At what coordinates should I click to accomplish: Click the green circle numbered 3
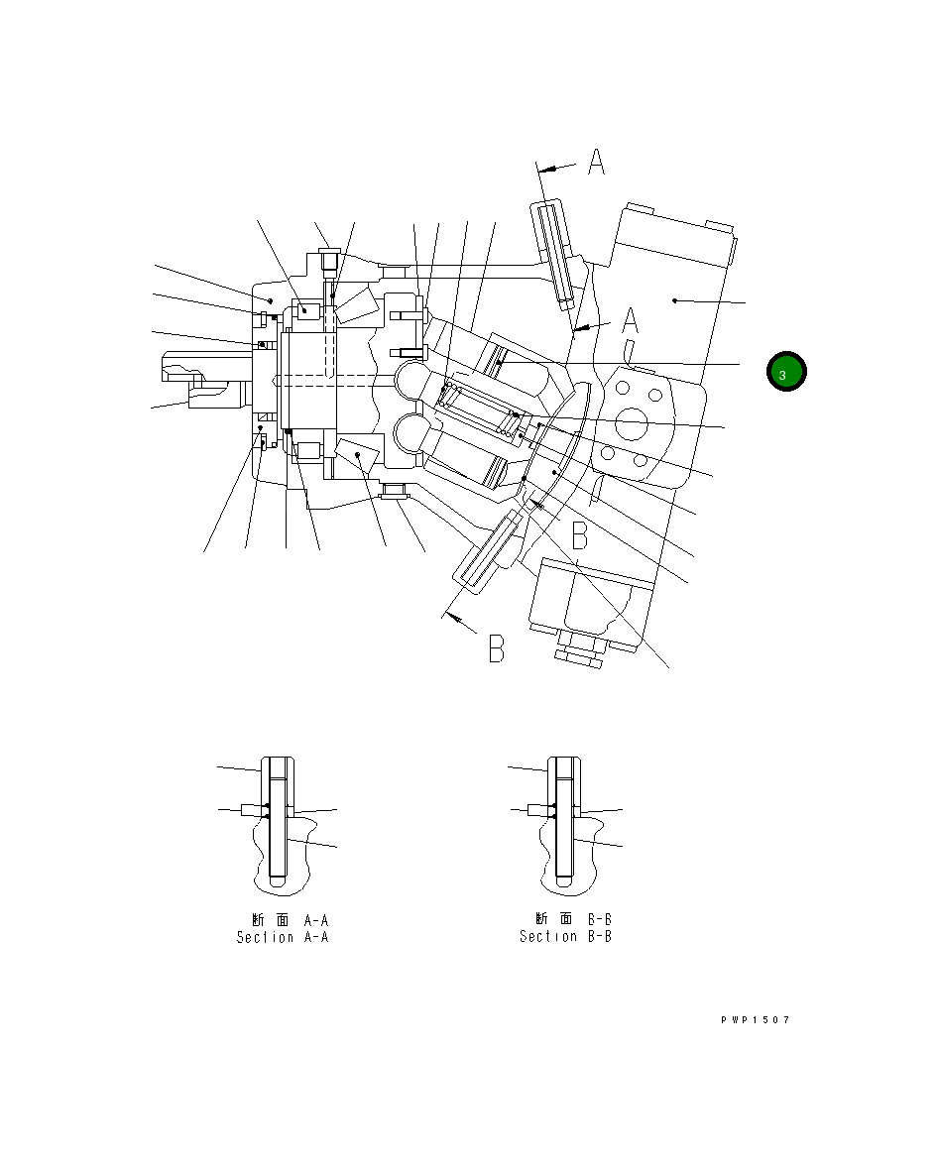(x=786, y=372)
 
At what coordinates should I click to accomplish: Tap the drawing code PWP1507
(x=756, y=1019)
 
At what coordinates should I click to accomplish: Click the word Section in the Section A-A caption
(x=266, y=937)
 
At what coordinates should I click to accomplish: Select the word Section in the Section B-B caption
(x=548, y=936)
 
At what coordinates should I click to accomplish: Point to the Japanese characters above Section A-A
(x=270, y=920)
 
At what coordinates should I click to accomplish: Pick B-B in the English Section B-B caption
(x=599, y=936)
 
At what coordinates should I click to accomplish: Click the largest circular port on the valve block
(x=631, y=424)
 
